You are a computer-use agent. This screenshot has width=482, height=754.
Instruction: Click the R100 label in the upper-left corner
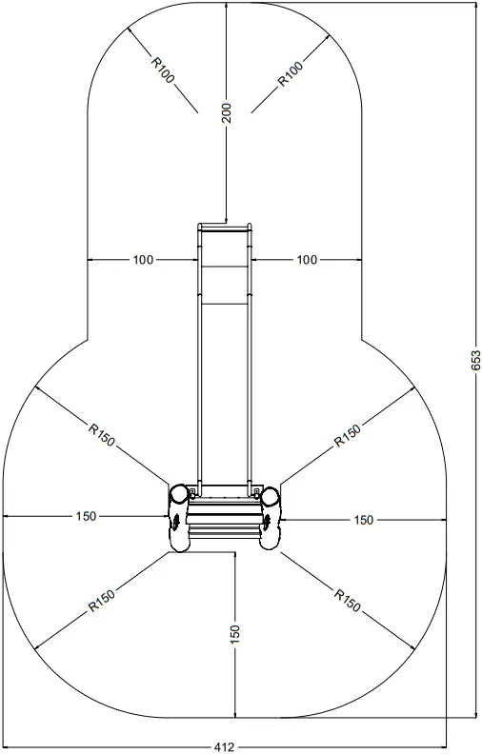[163, 69]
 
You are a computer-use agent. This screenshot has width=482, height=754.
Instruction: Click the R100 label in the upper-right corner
[291, 73]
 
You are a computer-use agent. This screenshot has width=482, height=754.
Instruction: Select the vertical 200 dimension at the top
[226, 113]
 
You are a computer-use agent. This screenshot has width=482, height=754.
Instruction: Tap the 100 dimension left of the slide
[144, 259]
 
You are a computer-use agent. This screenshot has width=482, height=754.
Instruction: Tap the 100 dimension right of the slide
[307, 259]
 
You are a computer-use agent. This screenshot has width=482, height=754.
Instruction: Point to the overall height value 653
[475, 359]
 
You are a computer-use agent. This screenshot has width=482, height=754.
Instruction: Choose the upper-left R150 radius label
[102, 435]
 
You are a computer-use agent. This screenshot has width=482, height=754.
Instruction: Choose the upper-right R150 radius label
[349, 435]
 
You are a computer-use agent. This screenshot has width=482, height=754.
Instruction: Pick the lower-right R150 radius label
[348, 601]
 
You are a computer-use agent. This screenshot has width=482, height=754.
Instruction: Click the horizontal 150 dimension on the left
[86, 517]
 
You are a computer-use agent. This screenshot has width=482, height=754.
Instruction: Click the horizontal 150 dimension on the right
[363, 520]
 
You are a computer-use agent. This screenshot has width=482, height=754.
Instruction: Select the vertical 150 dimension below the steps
[234, 634]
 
